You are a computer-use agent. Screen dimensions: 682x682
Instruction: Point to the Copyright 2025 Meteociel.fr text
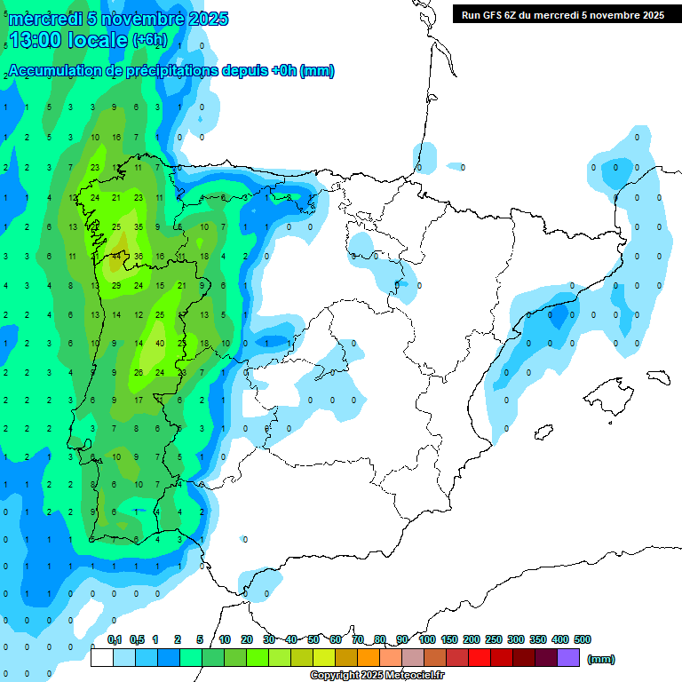[377, 676]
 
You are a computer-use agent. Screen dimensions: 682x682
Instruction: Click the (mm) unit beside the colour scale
[601, 659]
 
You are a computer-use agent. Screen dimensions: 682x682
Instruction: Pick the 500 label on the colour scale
[583, 639]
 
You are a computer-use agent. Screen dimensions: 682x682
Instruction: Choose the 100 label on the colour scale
[426, 639]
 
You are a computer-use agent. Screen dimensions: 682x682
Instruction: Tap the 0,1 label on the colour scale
[115, 639]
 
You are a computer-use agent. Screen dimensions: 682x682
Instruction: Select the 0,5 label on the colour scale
[137, 639]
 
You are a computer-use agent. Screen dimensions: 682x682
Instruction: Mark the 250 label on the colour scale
[494, 639]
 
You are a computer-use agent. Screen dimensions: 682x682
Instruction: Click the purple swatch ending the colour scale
[568, 658]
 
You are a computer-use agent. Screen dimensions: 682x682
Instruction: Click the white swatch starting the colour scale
[102, 658]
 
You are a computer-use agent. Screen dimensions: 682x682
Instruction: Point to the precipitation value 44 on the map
[116, 256]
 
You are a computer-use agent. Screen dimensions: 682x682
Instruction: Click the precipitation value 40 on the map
[160, 343]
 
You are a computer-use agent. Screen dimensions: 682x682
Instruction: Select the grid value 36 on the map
[138, 257]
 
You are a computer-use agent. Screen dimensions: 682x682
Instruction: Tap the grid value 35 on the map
[138, 227]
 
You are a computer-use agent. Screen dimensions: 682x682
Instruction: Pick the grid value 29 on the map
[116, 285]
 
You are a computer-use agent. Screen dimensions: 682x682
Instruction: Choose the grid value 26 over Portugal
[138, 372]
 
